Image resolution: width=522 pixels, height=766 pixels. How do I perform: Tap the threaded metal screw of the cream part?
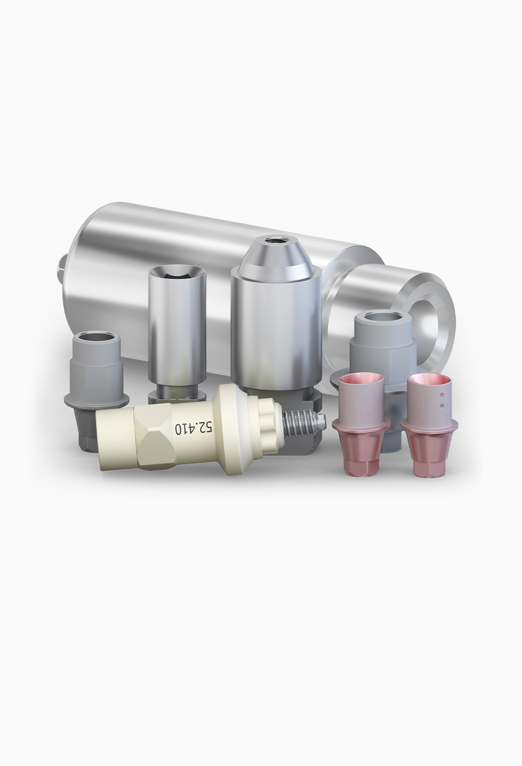click(302, 424)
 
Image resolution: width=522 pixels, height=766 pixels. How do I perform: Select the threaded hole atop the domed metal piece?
click(275, 240)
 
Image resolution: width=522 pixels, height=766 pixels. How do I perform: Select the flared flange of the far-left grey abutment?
click(96, 400)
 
